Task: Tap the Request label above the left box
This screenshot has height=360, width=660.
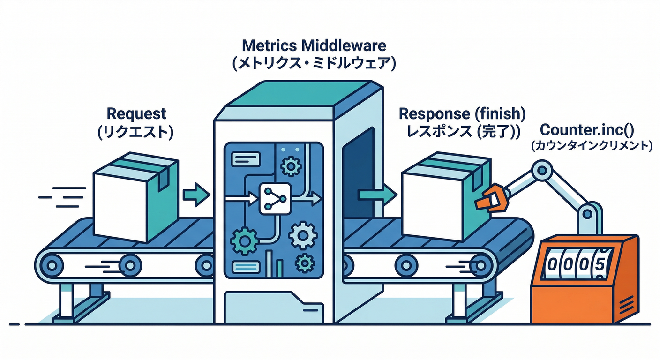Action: pyautogui.click(x=136, y=113)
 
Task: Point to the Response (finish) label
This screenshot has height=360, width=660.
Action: pyautogui.click(x=462, y=113)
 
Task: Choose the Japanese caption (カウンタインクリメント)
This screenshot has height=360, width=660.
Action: pyautogui.click(x=592, y=146)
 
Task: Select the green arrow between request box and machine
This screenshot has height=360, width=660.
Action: pyautogui.click(x=195, y=194)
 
